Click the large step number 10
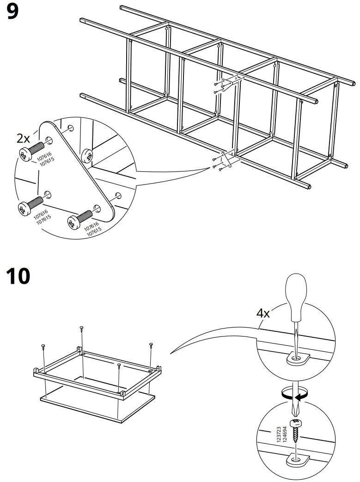tap(18, 276)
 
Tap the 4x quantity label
tap(263, 313)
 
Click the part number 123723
tap(279, 434)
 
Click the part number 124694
tap(285, 434)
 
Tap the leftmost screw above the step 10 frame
tap(43, 347)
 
